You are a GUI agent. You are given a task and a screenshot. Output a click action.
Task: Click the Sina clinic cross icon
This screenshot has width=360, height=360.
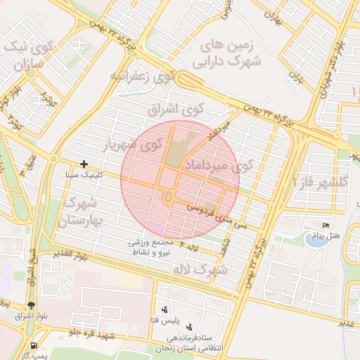(84, 164)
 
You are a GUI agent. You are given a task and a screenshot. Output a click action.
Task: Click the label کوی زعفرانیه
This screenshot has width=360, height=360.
(141, 75)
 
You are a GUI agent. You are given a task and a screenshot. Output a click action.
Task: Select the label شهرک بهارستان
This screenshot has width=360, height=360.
(84, 212)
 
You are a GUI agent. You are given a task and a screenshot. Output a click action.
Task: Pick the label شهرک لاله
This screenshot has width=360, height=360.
(203, 269)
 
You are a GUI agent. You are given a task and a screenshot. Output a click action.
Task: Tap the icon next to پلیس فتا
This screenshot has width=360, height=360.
(165, 309)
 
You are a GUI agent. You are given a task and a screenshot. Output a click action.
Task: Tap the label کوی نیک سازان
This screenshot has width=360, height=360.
(26, 56)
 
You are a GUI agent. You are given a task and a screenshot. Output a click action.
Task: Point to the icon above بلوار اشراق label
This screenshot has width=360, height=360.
(30, 304)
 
